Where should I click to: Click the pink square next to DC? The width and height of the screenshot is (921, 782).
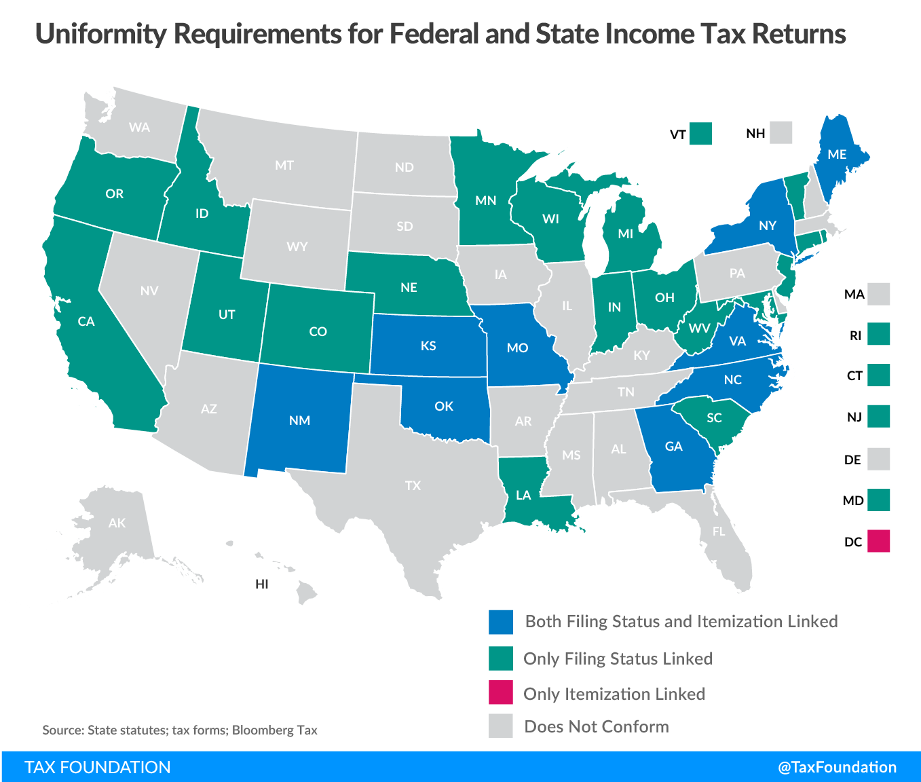[x=878, y=541]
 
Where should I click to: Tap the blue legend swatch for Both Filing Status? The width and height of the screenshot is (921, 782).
[x=500, y=622]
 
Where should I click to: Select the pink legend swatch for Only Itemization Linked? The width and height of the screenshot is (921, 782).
[x=500, y=693]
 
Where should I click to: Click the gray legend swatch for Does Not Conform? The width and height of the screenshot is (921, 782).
[x=500, y=726]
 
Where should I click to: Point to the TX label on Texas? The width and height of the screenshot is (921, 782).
[x=413, y=485]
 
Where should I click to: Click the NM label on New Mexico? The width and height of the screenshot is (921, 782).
[x=299, y=420]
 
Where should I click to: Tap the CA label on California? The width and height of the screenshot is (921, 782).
[x=86, y=321]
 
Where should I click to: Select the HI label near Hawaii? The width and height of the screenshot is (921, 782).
[x=262, y=584]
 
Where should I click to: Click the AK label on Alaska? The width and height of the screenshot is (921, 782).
[x=117, y=523]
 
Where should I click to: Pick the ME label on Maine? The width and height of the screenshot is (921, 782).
[x=837, y=154]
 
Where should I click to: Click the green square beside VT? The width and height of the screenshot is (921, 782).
[x=700, y=134]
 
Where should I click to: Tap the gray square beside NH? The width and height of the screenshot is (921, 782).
[x=781, y=133]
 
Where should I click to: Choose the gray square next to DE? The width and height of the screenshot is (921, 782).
[x=878, y=460]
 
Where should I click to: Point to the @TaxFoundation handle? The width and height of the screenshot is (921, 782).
[x=837, y=767]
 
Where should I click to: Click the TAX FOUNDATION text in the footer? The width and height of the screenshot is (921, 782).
[x=98, y=767]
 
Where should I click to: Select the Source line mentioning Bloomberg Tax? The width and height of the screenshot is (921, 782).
[x=180, y=730]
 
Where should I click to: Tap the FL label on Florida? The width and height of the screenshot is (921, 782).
[x=719, y=532]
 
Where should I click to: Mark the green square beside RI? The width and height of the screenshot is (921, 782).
[x=878, y=335]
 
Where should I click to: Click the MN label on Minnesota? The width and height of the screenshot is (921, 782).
[x=485, y=200]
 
